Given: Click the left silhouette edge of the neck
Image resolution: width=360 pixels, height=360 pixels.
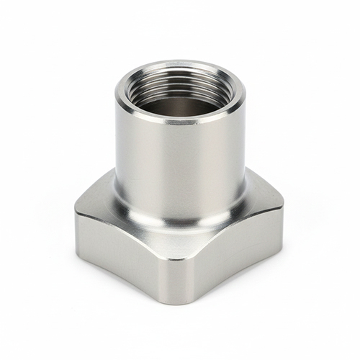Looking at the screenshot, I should [x=116, y=144].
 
